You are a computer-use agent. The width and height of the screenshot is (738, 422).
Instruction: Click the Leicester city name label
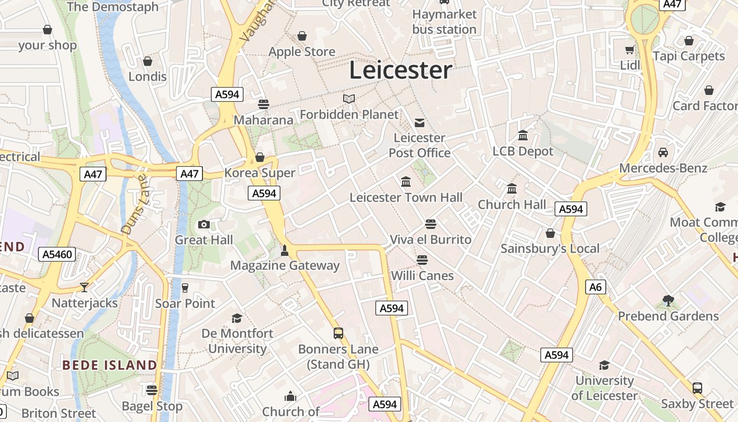tap(401, 70)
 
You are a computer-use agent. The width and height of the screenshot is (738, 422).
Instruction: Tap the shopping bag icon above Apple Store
tap(302, 36)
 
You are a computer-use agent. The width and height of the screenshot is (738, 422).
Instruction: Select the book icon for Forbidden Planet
tap(349, 99)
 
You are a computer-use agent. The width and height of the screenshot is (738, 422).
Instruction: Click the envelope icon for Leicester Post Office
tap(420, 123)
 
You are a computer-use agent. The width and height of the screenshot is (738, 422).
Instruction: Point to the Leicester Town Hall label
tap(406, 198)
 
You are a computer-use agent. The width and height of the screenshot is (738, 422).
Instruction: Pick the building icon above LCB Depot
tap(523, 136)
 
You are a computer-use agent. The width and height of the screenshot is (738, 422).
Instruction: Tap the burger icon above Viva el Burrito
tap(431, 224)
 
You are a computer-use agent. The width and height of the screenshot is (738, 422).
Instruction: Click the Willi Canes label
tap(422, 275)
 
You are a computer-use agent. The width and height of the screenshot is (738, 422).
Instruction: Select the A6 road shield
tap(596, 287)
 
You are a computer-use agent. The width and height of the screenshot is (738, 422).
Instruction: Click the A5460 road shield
tap(57, 255)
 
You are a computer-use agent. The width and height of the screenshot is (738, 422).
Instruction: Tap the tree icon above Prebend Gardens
tap(668, 301)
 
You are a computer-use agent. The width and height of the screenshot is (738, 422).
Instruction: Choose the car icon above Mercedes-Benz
tap(663, 152)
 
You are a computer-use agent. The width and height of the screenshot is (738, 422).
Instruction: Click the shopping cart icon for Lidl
tap(629, 50)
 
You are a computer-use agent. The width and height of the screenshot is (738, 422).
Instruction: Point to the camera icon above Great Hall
tap(204, 225)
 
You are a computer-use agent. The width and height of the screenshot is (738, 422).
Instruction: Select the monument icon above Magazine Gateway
tap(285, 250)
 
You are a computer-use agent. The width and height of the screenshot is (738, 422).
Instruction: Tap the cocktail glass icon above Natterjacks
tap(84, 287)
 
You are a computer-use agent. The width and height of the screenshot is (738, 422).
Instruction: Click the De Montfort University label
tap(237, 341)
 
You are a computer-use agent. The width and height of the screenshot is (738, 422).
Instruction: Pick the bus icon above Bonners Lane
tap(338, 333)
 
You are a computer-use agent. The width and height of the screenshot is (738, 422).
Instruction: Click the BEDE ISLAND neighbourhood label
tap(110, 365)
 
